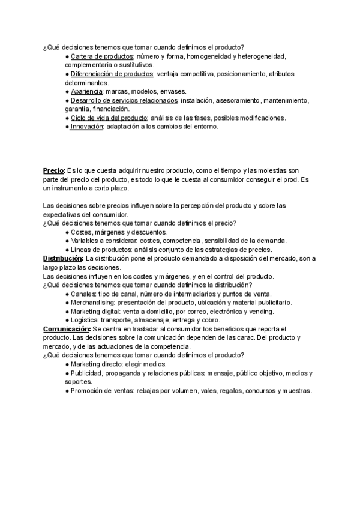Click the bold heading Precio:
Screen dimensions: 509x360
[x=54, y=170]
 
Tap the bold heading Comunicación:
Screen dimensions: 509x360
[x=66, y=329]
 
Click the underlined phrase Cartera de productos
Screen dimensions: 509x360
[x=98, y=56]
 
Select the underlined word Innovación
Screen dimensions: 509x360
[x=87, y=127]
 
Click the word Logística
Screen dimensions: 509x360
[x=85, y=320]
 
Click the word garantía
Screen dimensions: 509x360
[x=79, y=109]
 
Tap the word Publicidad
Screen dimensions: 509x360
[x=88, y=373]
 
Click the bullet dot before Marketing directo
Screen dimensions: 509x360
[x=67, y=364]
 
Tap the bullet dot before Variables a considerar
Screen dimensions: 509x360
[x=67, y=241]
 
